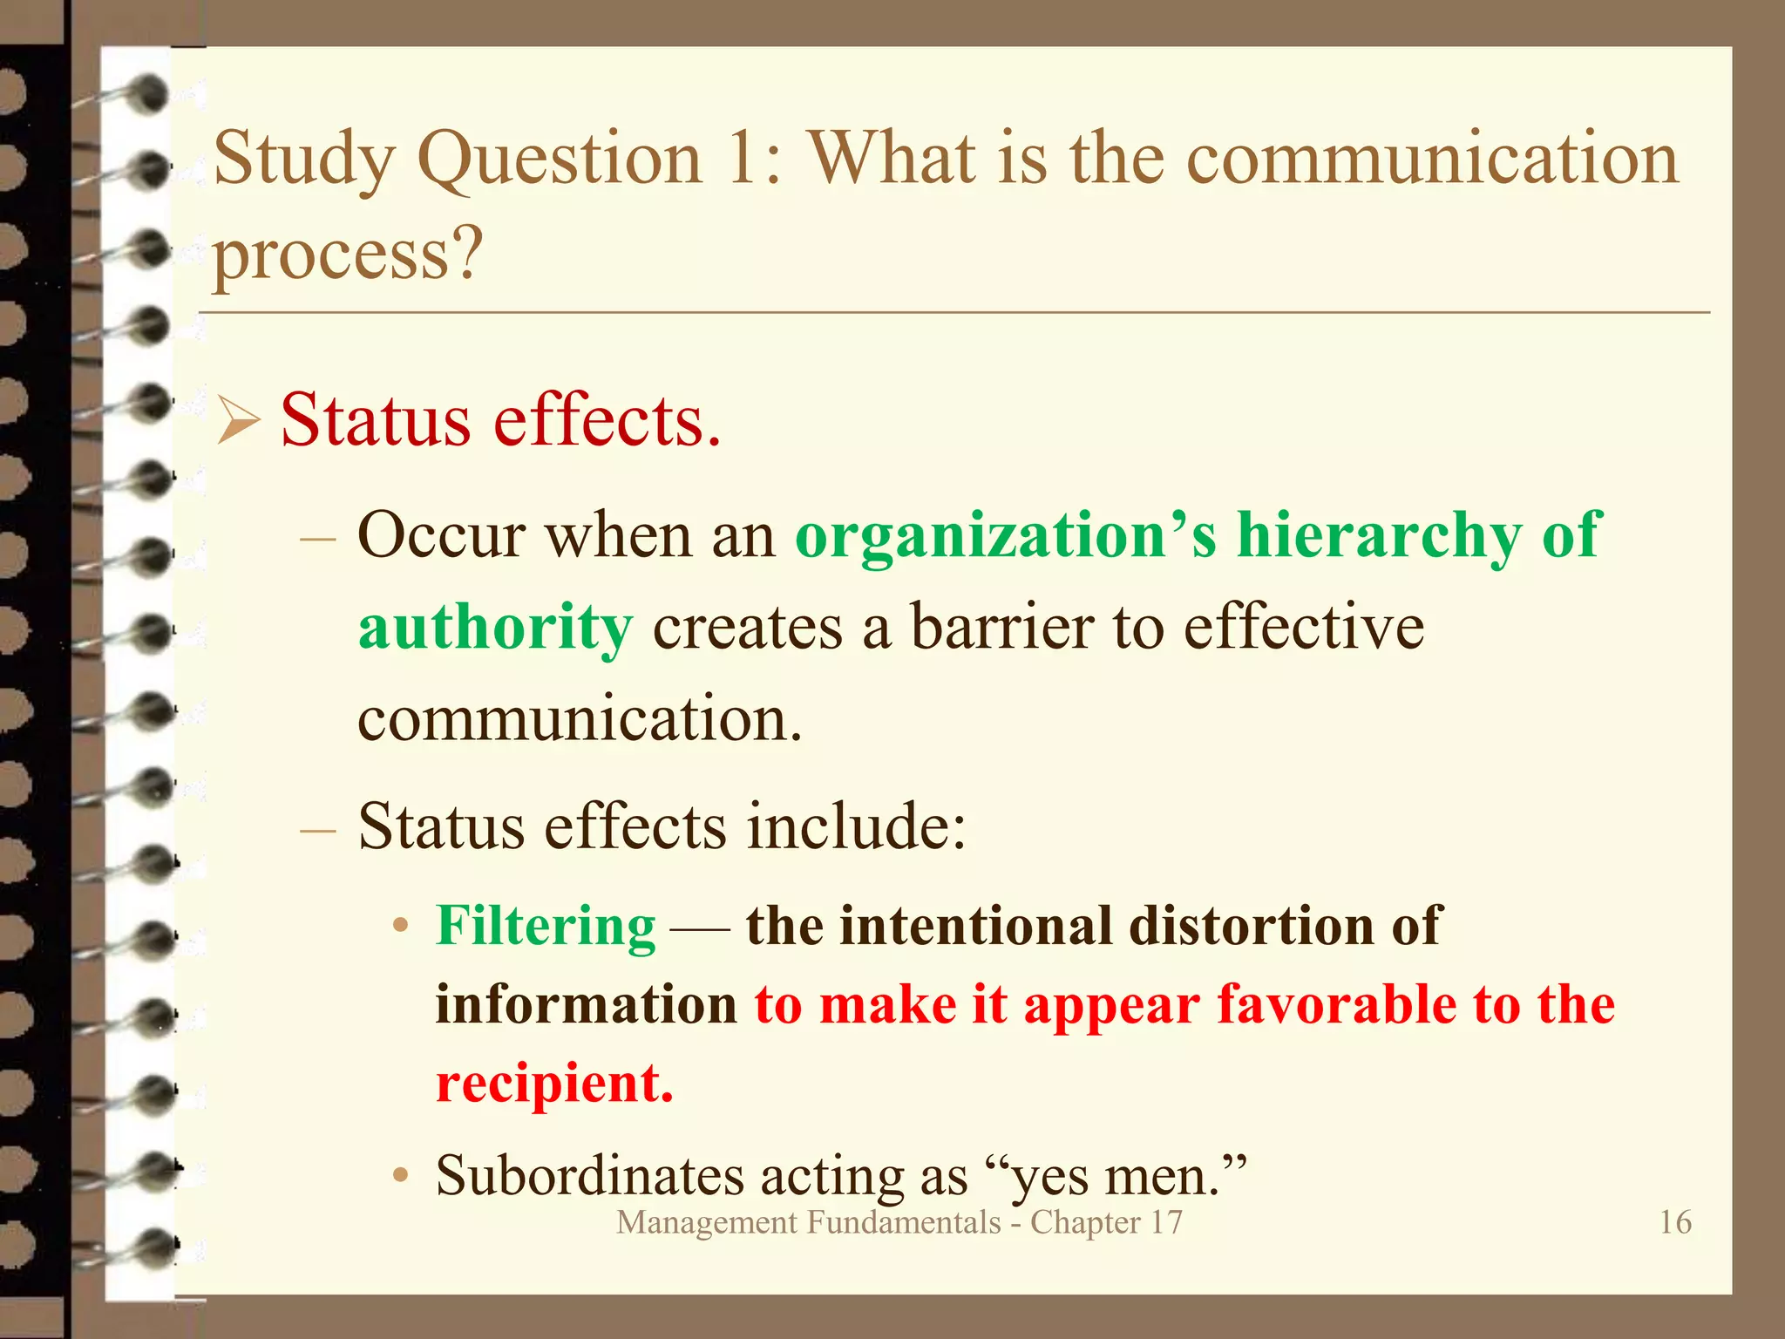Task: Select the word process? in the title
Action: tap(348, 256)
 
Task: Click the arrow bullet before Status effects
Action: tap(238, 420)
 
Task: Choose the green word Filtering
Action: tap(546, 926)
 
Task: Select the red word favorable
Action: tap(1336, 1004)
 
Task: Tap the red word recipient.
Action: tap(554, 1084)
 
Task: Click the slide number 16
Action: tap(1675, 1222)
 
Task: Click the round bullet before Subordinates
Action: tap(400, 1176)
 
